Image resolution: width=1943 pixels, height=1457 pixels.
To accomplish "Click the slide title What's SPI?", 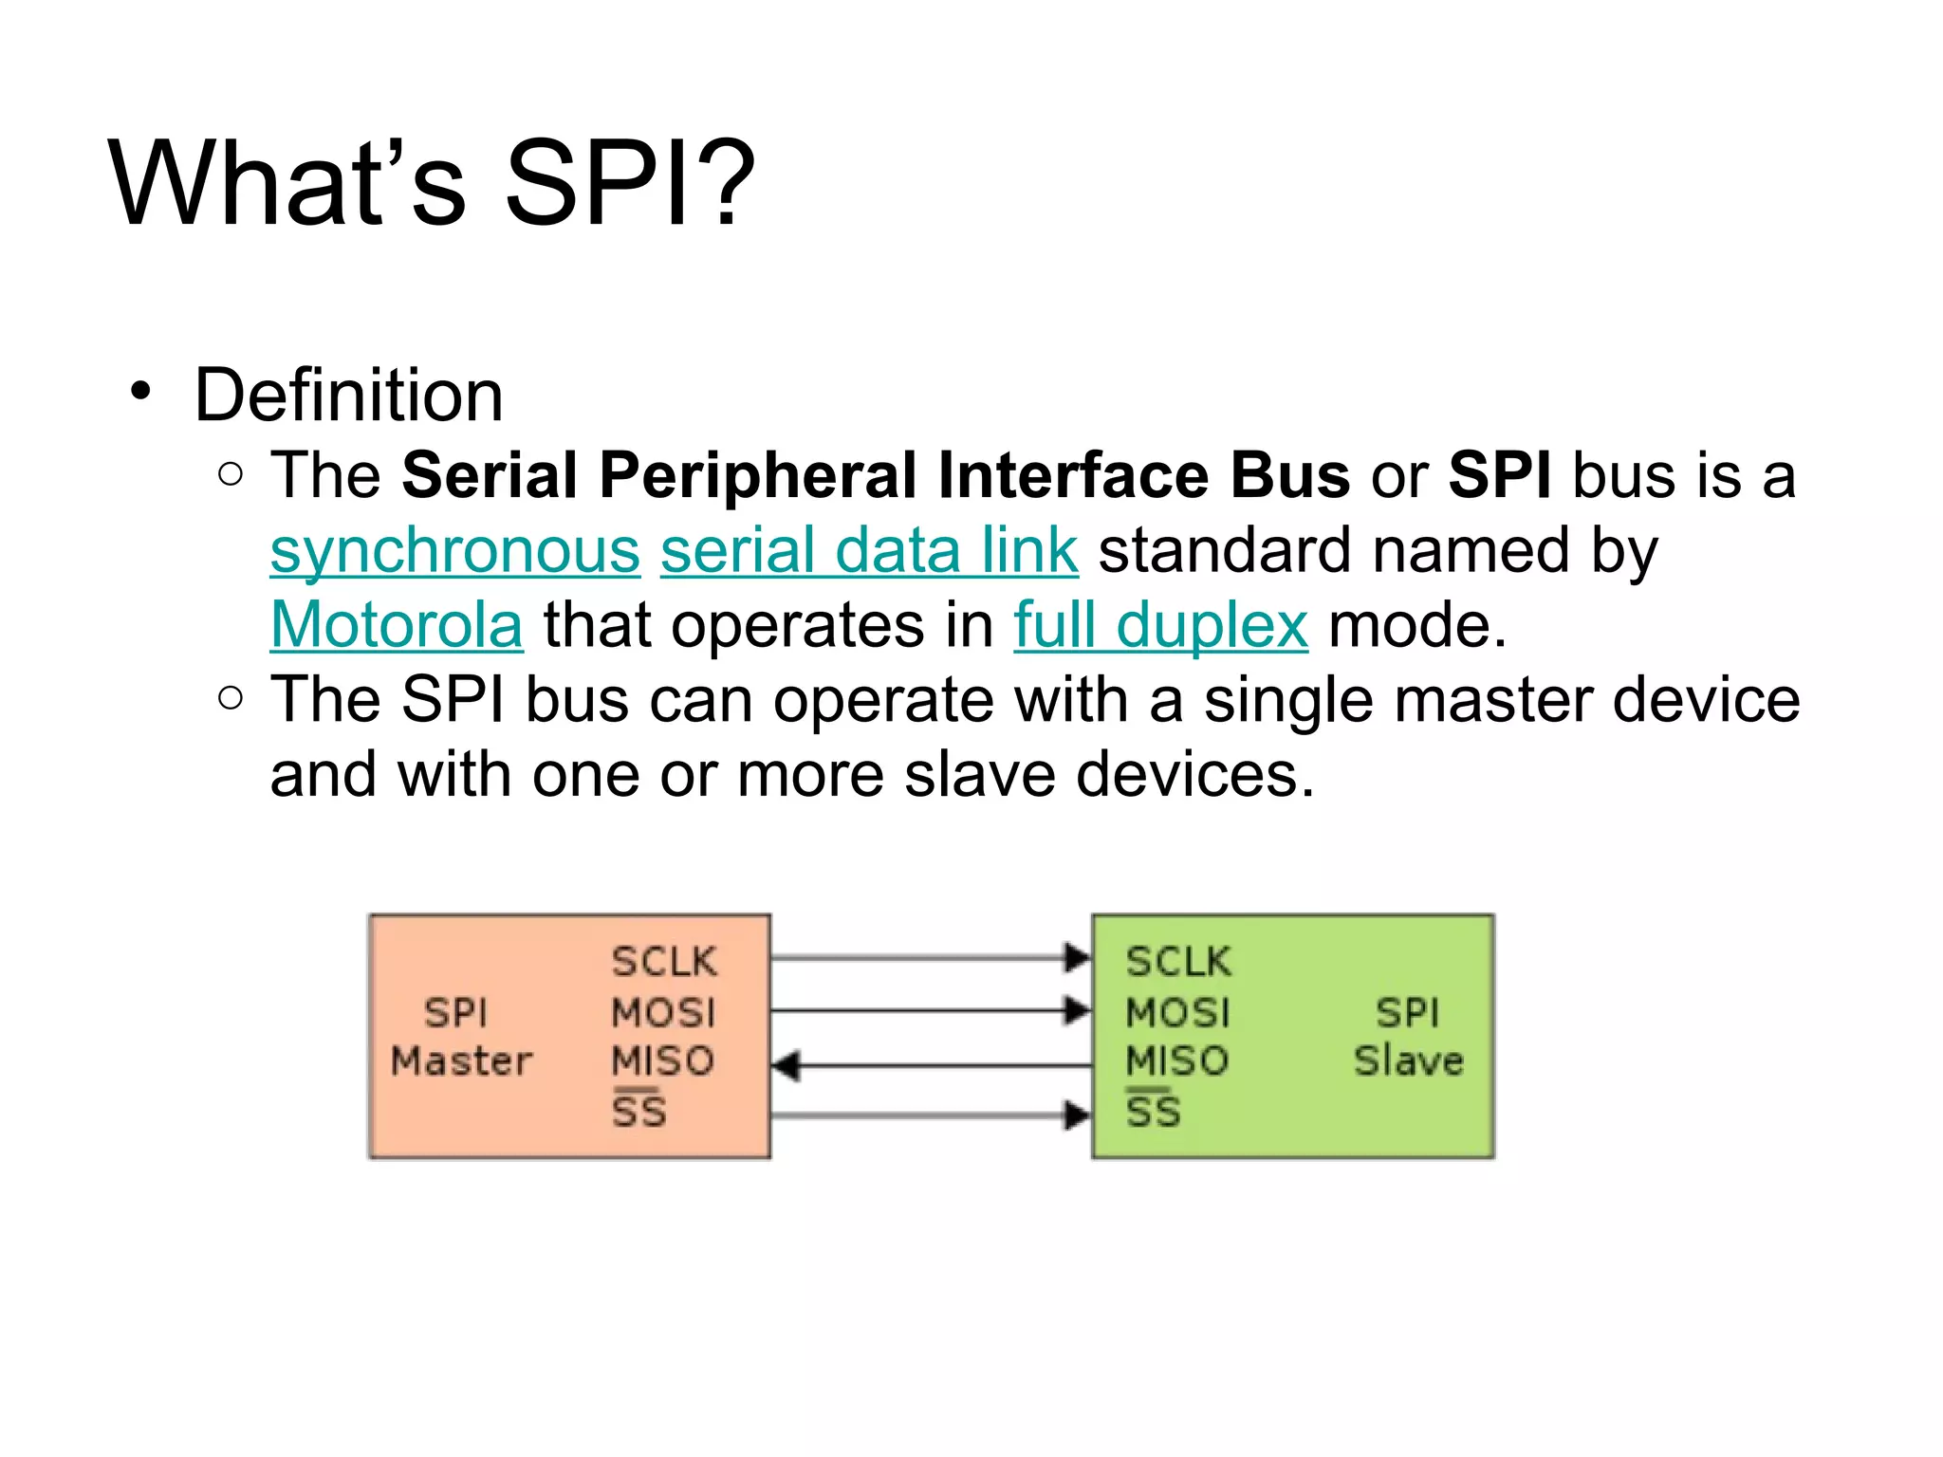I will (432, 182).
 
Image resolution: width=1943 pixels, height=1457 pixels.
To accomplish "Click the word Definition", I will (348, 395).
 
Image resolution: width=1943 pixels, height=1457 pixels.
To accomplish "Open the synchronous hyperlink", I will (455, 551).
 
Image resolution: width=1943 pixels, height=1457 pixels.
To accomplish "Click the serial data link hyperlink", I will (869, 551).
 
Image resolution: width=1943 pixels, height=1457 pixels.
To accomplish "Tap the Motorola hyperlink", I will (397, 626).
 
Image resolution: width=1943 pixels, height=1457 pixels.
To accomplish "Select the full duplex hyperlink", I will (1160, 626).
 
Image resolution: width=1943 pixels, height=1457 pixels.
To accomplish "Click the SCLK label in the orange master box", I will (664, 962).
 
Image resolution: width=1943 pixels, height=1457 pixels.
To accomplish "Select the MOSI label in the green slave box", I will (1177, 1012).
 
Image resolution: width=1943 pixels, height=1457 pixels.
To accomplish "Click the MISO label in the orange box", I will (662, 1060).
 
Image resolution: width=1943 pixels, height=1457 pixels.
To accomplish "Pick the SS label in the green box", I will (1153, 1111).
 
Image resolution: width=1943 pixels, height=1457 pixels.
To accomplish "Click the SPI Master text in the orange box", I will (461, 1037).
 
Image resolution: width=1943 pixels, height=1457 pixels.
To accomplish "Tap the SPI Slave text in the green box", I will (1408, 1037).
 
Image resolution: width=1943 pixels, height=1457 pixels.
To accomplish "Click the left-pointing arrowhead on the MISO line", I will (786, 1066).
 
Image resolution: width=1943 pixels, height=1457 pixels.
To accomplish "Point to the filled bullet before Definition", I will (141, 391).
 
